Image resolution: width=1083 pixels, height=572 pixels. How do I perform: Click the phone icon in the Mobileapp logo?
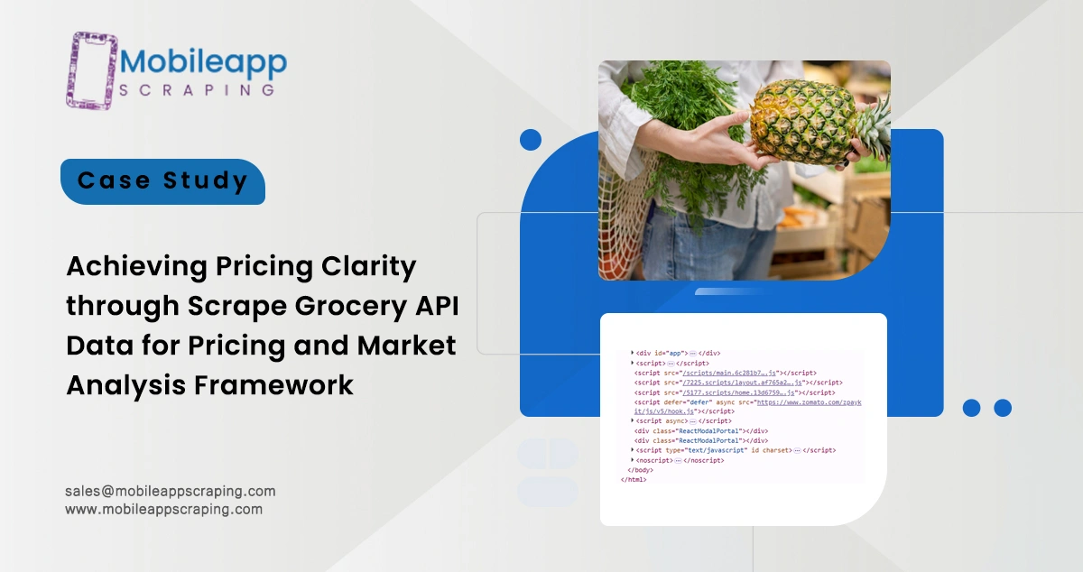pyautogui.click(x=90, y=70)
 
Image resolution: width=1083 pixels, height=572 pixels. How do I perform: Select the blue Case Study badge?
pyautogui.click(x=162, y=181)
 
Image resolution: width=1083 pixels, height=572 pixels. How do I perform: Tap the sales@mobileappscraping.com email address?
pyautogui.click(x=170, y=491)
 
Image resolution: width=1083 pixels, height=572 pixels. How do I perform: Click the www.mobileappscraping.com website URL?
pyautogui.click(x=163, y=509)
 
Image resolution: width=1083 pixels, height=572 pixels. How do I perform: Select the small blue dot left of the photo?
pyautogui.click(x=531, y=139)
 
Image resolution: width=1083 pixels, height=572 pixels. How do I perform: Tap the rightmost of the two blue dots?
pyautogui.click(x=1002, y=408)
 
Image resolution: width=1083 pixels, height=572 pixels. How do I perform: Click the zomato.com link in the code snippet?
pyautogui.click(x=808, y=401)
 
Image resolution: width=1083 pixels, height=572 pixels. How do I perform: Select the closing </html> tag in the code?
pyautogui.click(x=634, y=479)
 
